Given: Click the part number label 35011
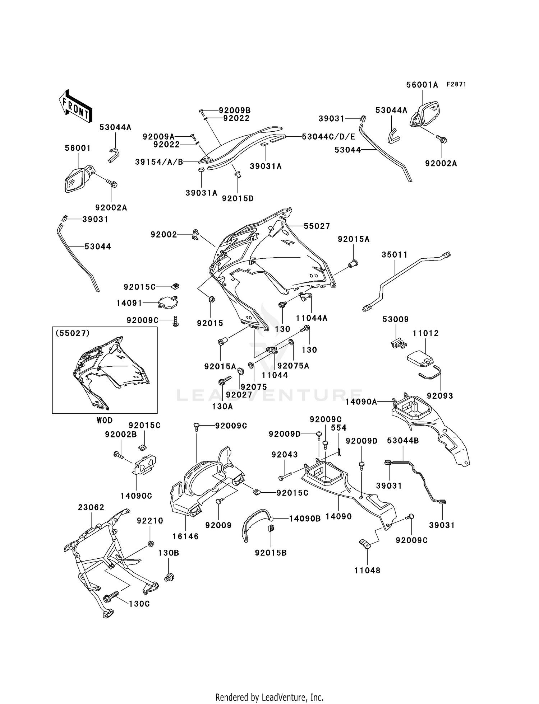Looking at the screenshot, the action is point(395,255).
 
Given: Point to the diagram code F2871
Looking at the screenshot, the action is point(456,84).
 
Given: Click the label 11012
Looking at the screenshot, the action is point(426,333).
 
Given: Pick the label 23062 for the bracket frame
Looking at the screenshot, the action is point(91,507).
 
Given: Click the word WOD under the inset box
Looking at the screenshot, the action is point(105,420).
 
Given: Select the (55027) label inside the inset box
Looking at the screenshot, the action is point(72,333).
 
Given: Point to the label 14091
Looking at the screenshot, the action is point(129,303).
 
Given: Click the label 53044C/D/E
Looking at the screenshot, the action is point(328,137).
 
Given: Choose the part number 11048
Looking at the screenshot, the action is point(367,571).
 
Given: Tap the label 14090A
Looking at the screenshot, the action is point(361,402).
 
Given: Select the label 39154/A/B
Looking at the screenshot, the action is point(159,162).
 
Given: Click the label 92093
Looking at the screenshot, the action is point(440,396).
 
